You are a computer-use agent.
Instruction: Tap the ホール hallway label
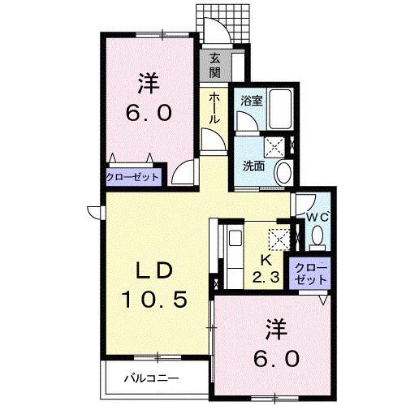click(214, 108)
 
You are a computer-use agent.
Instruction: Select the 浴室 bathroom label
click(252, 101)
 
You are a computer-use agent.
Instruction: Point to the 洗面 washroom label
click(253, 166)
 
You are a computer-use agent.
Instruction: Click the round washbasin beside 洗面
click(283, 171)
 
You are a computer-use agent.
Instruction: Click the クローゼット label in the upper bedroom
click(134, 175)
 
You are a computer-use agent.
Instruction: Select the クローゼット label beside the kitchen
click(313, 273)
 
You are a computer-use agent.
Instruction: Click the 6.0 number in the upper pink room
click(148, 113)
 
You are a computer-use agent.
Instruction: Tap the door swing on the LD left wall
click(94, 213)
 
